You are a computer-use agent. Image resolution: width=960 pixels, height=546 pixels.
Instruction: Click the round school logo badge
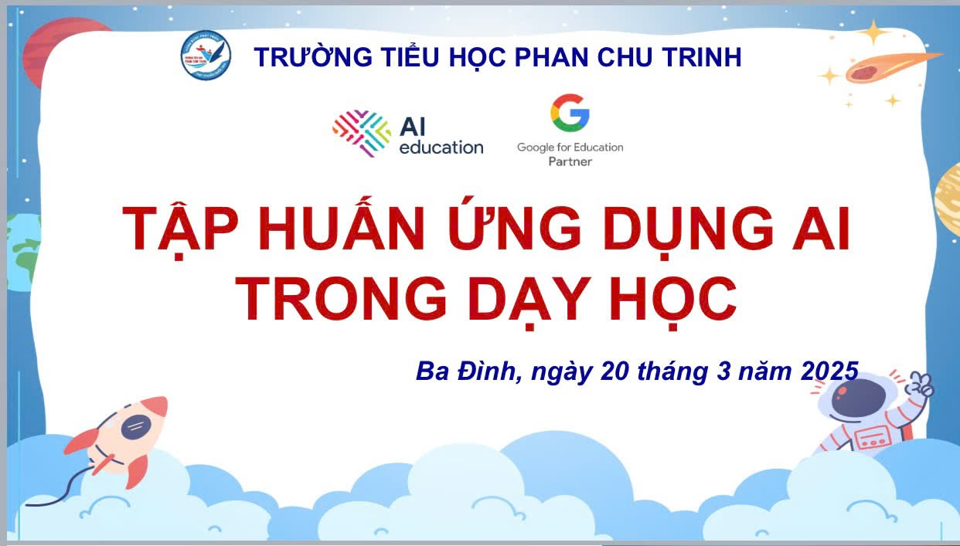[206, 56]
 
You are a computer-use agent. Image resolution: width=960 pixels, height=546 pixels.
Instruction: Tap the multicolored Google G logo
[570, 113]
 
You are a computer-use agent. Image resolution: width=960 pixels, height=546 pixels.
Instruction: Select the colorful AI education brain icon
[362, 133]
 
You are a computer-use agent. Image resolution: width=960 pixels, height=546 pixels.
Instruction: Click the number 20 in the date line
[614, 371]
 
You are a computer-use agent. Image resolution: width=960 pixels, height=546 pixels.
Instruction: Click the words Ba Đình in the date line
[466, 371]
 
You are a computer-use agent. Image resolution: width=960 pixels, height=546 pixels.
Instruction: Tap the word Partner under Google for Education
[570, 161]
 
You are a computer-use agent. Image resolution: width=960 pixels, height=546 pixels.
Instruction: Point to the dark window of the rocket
[136, 426]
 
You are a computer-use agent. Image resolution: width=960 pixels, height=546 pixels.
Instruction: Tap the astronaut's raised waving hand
[919, 385]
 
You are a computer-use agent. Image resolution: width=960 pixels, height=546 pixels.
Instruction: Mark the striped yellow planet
[948, 199]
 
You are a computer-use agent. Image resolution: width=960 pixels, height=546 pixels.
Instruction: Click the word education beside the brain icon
[441, 148]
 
